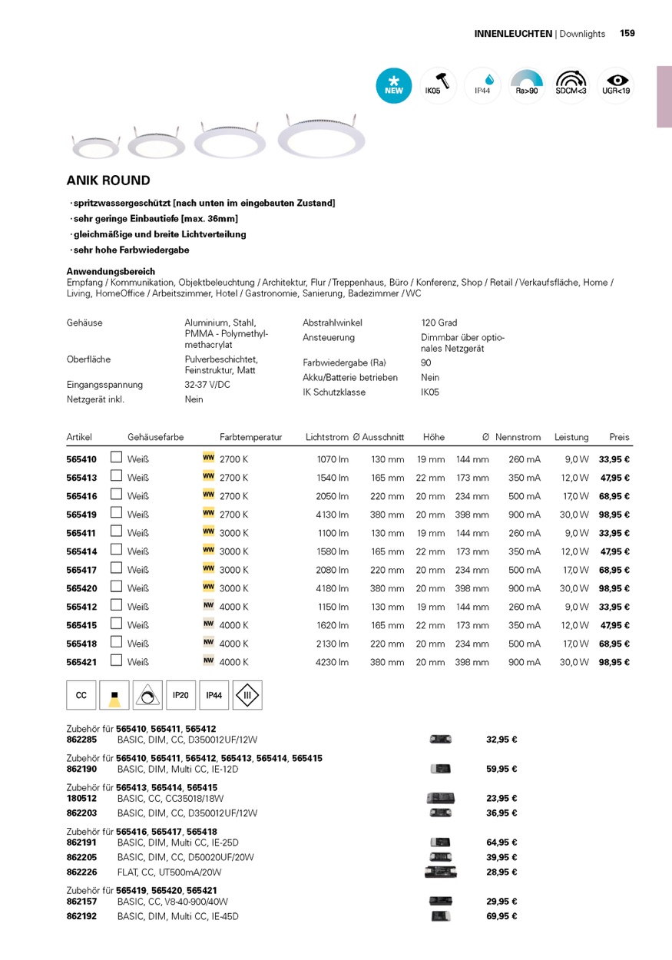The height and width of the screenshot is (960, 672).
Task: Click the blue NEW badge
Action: (394, 85)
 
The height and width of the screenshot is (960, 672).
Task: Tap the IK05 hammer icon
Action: (439, 85)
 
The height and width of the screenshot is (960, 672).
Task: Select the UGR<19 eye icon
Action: (616, 85)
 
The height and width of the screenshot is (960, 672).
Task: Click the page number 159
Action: (627, 34)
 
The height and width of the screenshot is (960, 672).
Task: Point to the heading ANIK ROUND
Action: (108, 181)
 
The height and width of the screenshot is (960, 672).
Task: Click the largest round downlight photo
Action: (321, 138)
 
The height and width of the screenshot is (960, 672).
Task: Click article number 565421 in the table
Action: (81, 662)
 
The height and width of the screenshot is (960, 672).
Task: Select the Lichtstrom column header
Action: (326, 437)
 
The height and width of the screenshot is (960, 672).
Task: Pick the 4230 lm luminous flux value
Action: (332, 662)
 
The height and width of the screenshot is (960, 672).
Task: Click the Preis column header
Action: (619, 437)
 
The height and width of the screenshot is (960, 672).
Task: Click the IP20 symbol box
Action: (180, 695)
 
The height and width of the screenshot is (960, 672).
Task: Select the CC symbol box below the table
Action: (81, 695)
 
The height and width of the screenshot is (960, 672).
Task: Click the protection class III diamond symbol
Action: (247, 695)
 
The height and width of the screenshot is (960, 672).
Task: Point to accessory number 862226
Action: (81, 872)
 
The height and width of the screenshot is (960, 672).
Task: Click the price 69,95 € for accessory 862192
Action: (502, 916)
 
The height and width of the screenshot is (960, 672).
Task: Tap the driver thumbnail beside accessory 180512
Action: (440, 799)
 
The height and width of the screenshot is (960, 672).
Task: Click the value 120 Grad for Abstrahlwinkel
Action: (439, 323)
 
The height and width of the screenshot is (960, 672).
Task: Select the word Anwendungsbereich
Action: (111, 272)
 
